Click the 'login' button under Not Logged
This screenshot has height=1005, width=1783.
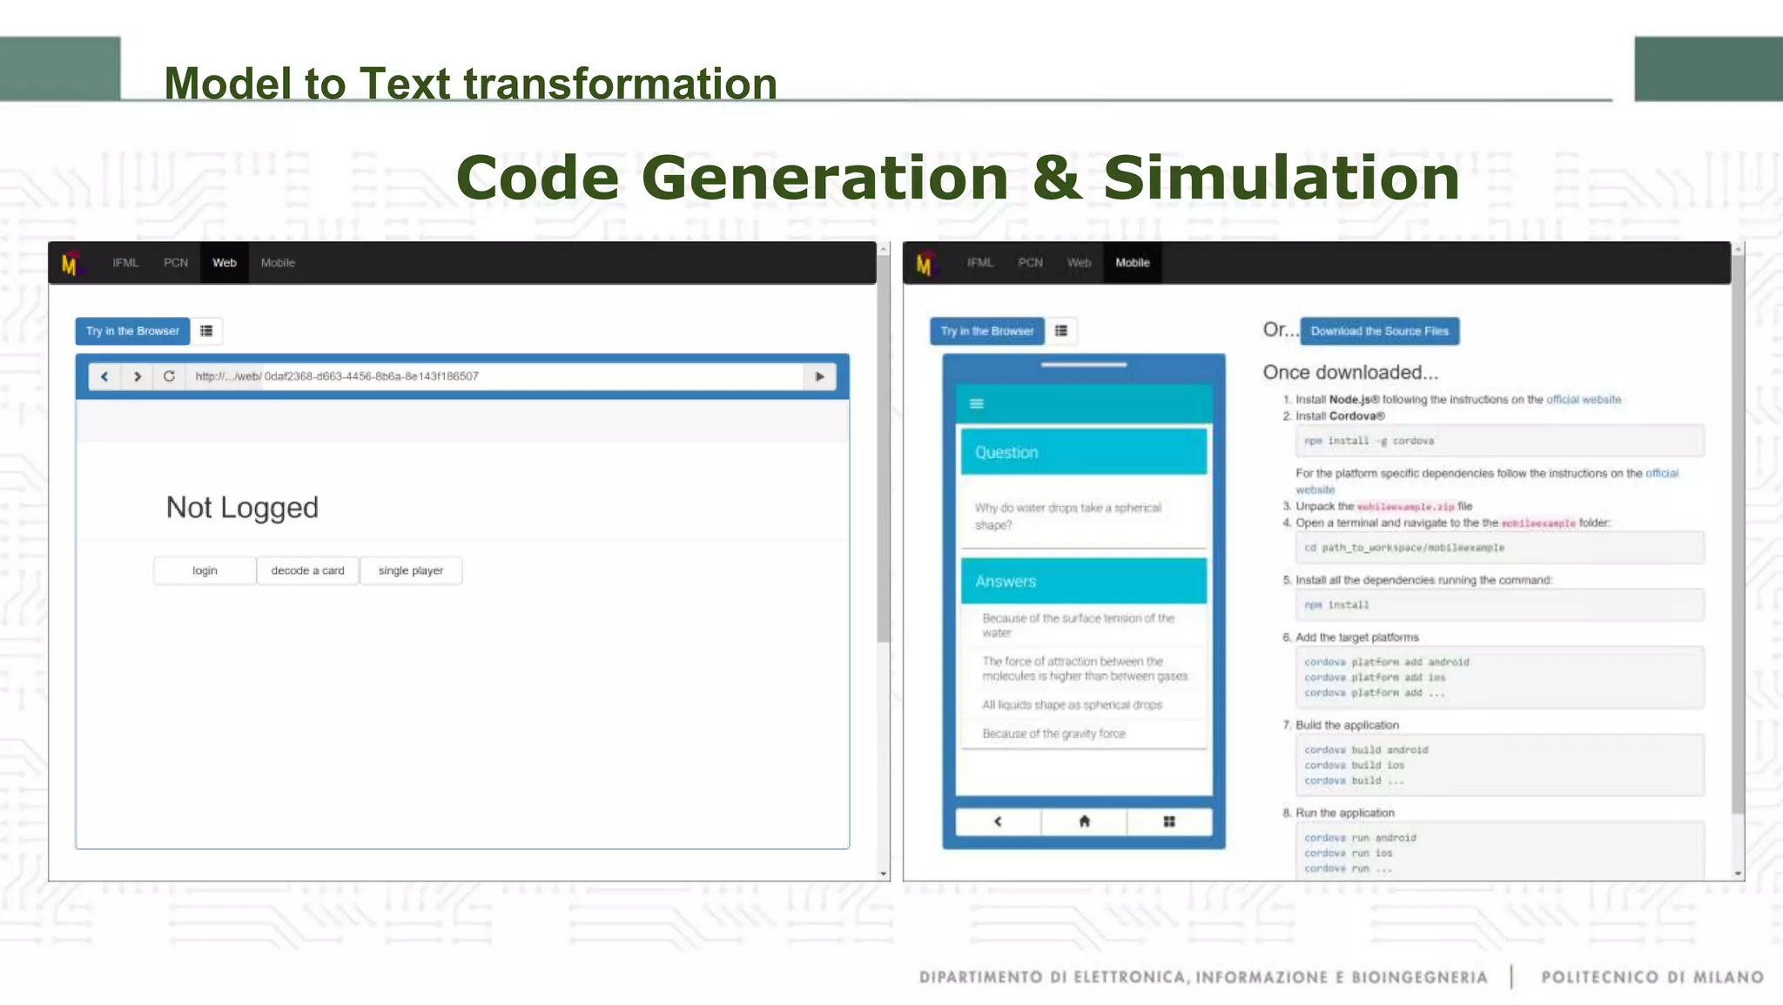(205, 570)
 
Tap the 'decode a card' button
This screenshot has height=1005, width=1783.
(307, 570)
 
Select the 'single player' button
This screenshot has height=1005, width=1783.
(411, 570)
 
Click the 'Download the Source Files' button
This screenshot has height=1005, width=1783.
(1379, 331)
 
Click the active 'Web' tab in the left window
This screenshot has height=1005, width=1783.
(225, 263)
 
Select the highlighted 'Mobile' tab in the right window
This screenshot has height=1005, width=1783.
(1132, 263)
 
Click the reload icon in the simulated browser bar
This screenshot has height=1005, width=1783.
(169, 376)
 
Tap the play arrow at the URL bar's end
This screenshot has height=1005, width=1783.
(819, 376)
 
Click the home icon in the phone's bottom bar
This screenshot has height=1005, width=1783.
(1084, 821)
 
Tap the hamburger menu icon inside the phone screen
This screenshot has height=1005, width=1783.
(977, 403)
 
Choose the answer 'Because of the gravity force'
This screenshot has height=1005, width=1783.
(1053, 734)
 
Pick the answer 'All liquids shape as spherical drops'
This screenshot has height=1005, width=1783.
(1072, 705)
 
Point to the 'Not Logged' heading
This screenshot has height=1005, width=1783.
(242, 508)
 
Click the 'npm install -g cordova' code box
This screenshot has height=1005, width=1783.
(1498, 441)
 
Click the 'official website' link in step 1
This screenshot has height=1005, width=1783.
(1583, 400)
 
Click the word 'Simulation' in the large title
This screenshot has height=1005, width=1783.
(1281, 178)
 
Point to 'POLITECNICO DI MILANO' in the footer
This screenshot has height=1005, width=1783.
(1652, 977)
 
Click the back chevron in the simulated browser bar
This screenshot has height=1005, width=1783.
(104, 376)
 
